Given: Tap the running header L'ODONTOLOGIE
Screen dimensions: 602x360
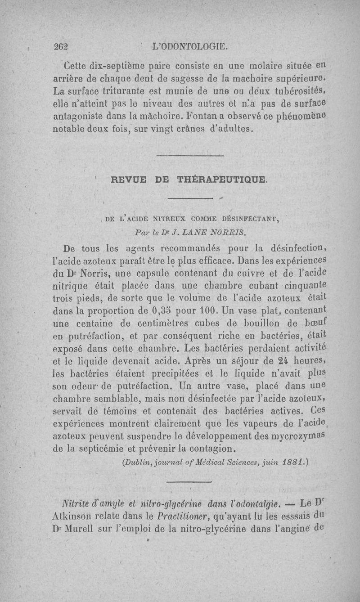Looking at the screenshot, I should pos(191,45).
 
